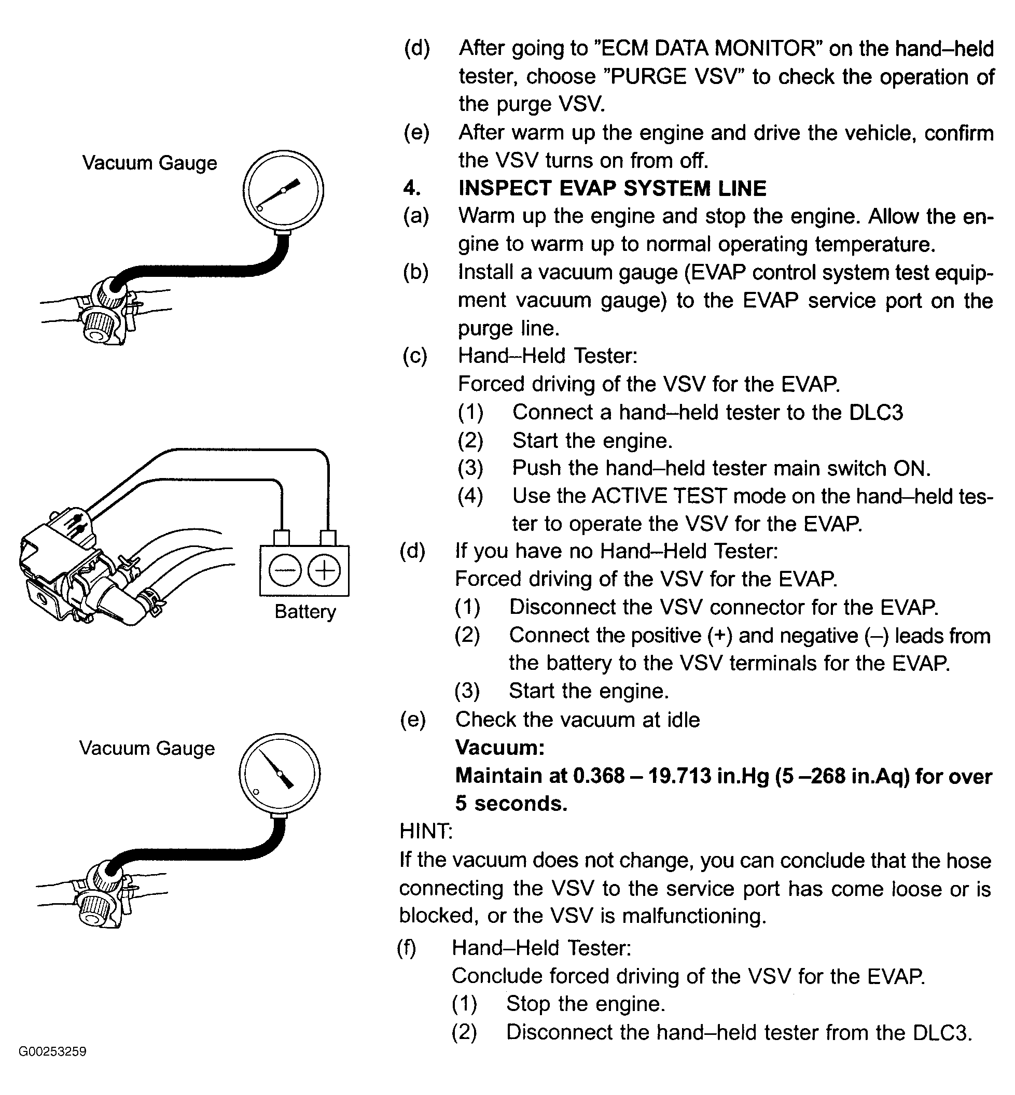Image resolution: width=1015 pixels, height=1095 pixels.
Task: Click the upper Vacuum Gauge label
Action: point(149,163)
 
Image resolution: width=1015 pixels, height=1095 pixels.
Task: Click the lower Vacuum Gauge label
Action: point(147,749)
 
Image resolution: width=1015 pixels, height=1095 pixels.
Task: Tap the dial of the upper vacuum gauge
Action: point(283,190)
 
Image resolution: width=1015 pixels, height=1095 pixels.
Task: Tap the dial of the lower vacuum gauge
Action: point(280,774)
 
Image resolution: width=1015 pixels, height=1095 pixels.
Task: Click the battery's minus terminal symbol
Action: point(285,571)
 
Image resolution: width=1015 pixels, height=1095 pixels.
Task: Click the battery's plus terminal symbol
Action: point(324,571)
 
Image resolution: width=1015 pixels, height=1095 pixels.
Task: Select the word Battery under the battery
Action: point(305,612)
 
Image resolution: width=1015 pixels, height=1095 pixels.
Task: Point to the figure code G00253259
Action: point(52,1051)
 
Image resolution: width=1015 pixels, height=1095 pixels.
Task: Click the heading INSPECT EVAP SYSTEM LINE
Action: point(612,188)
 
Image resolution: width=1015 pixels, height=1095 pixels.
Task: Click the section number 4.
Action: point(412,188)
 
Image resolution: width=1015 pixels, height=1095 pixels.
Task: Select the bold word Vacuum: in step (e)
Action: point(500,748)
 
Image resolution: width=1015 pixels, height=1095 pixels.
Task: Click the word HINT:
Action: point(426,832)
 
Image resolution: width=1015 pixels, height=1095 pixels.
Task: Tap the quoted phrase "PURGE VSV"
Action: point(673,76)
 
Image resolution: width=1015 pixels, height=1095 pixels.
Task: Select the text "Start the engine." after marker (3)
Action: point(589,691)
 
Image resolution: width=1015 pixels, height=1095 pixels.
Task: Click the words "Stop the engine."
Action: point(586,1004)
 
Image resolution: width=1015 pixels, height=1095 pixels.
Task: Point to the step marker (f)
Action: point(407,948)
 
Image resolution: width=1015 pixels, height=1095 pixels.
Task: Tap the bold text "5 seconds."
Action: point(511,804)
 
